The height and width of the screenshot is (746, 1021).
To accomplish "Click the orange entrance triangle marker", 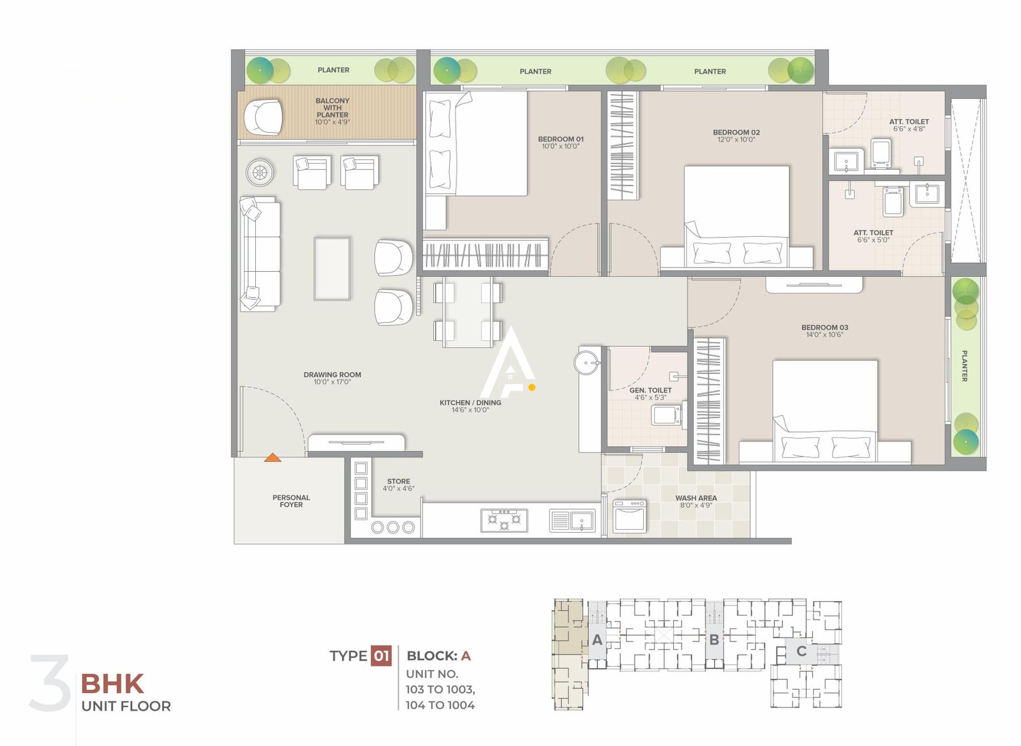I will coord(272,457).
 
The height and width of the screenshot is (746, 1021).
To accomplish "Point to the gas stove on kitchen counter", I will coord(504,520).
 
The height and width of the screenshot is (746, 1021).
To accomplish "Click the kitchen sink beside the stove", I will coord(572,521).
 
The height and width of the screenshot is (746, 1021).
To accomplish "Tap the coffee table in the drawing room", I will coord(332,269).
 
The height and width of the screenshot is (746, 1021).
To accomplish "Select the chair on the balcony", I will coord(263,117).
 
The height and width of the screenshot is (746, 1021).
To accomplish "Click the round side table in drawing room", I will coord(260,172).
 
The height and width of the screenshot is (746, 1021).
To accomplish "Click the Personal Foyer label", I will coord(291,501).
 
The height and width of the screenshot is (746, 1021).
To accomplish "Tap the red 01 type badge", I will coord(381,656).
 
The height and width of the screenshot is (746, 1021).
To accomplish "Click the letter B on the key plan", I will coord(714,639).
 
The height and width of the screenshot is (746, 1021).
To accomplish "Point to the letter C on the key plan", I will coord(801,652).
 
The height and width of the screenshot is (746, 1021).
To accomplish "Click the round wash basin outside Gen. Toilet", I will coord(586,362).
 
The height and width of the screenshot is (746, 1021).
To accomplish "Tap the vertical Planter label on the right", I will coord(965,366).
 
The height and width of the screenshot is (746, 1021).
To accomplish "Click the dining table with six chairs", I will coord(468,312).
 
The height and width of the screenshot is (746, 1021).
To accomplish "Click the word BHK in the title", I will coord(112,684).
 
